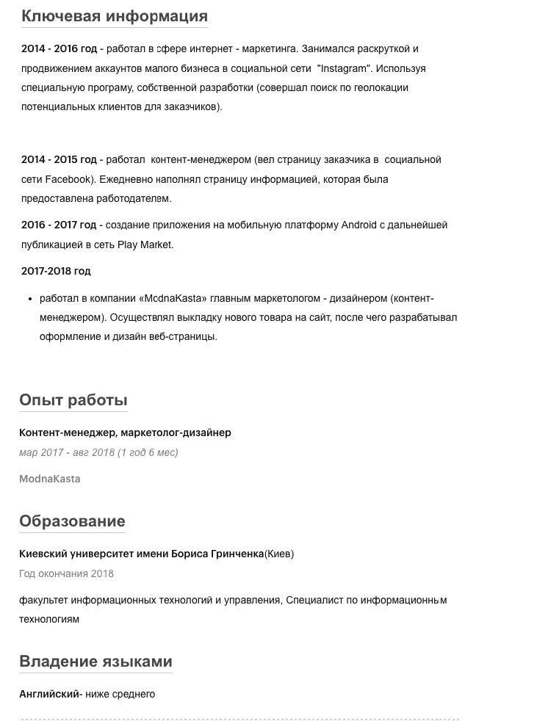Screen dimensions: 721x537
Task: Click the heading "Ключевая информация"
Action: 115,16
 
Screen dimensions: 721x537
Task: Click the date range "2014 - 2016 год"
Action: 59,49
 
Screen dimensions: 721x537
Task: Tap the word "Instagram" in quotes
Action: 342,68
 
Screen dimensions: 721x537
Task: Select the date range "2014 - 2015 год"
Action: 59,159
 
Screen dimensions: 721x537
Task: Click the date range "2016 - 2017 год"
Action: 59,225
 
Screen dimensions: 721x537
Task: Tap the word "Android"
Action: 359,225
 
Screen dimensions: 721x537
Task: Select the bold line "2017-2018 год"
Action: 56,271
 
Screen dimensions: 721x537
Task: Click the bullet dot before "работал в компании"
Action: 31,299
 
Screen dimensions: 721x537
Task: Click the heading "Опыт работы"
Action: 73,400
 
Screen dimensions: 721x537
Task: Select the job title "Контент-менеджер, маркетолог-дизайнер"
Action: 125,432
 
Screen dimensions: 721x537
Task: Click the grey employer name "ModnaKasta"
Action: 50,479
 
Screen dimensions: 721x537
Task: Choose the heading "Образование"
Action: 72,521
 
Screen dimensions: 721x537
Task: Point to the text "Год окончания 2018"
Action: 66,573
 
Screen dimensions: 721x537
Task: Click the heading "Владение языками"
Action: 95,662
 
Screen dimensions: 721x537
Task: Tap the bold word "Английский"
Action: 49,694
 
